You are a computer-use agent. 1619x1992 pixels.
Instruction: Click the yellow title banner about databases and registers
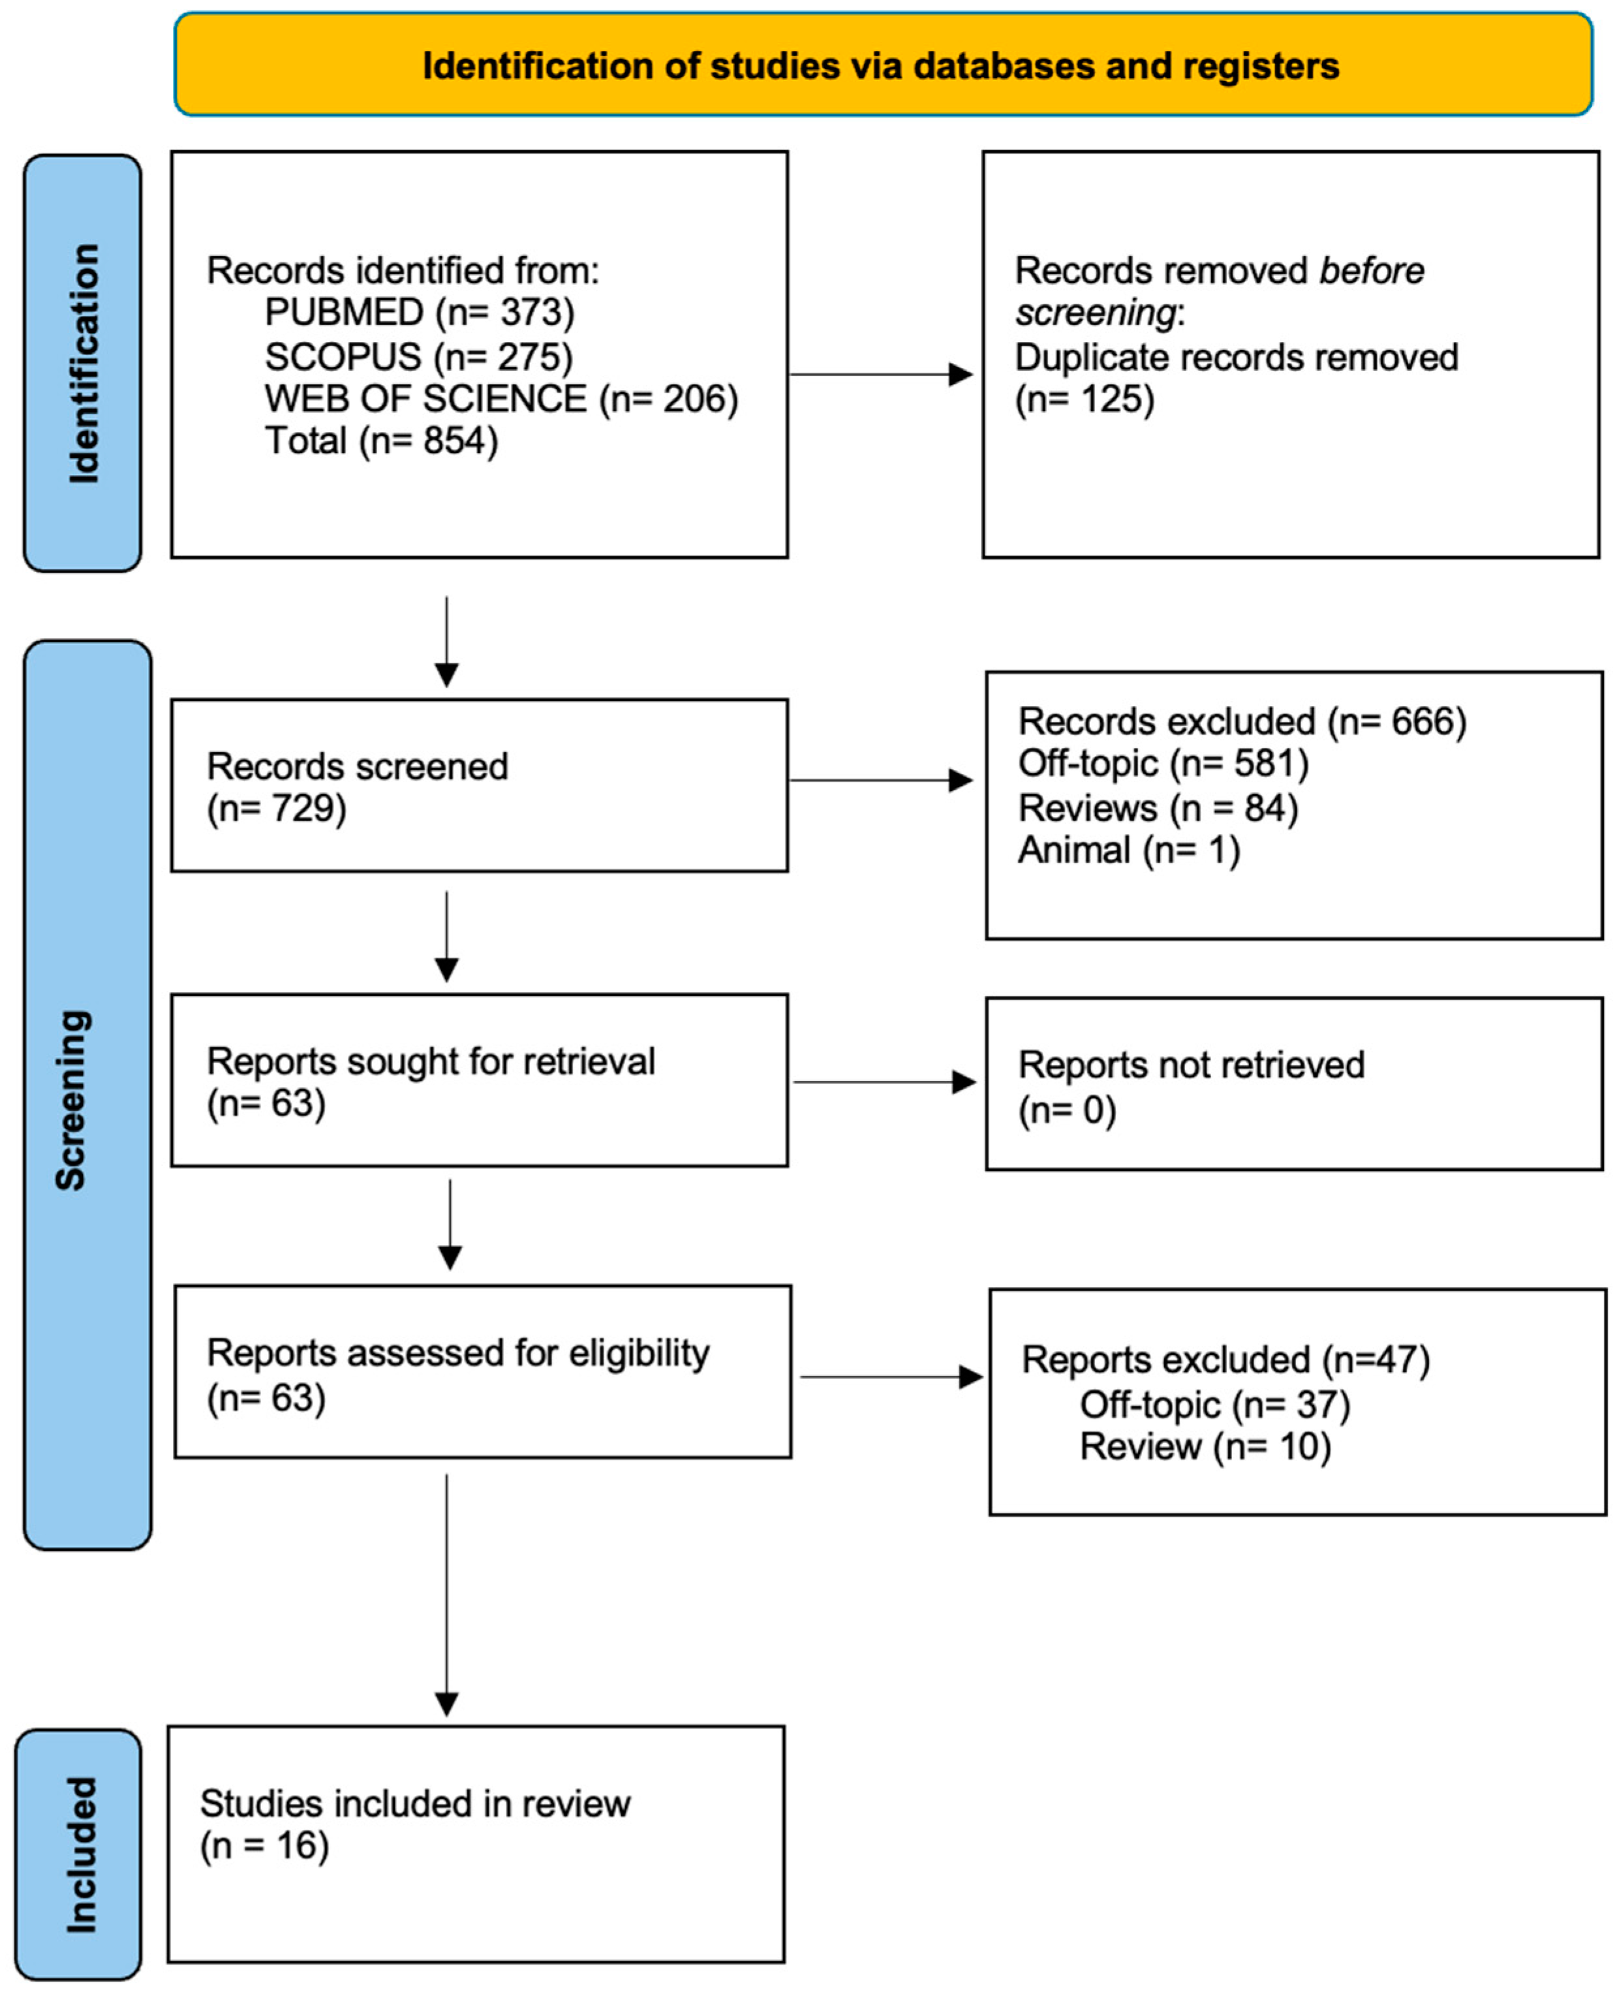click(x=882, y=65)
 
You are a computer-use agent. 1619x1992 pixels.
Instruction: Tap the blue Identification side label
click(x=83, y=363)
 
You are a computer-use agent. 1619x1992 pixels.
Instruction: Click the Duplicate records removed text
click(x=1236, y=357)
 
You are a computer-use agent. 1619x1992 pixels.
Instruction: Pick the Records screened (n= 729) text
click(x=356, y=786)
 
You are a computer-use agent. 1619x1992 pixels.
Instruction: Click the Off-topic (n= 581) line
click(x=1163, y=763)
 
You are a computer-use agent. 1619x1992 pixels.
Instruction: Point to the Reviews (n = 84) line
click(x=1158, y=807)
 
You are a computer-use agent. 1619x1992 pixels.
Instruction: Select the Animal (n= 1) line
click(x=1128, y=850)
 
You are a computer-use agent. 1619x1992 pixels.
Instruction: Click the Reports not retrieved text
click(x=1191, y=1065)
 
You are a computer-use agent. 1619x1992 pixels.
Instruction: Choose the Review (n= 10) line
click(x=1205, y=1446)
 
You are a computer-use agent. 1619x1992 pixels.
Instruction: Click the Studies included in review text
click(x=414, y=1803)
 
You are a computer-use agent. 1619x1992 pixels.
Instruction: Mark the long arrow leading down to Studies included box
click(x=447, y=1595)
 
